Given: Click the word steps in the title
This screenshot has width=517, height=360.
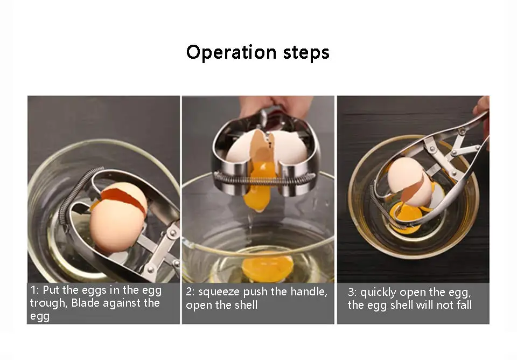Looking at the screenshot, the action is click(x=306, y=53).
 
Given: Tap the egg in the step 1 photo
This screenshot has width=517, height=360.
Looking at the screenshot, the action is click(x=118, y=216).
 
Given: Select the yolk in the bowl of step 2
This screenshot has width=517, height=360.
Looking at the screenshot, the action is click(x=267, y=267).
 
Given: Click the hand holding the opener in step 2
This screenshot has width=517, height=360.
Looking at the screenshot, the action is click(x=275, y=106).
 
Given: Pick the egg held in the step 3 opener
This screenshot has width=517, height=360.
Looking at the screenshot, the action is click(x=409, y=182).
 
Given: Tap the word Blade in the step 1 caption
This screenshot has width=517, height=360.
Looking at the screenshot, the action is click(x=86, y=303).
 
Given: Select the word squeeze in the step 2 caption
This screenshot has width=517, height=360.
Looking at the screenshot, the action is click(x=219, y=292).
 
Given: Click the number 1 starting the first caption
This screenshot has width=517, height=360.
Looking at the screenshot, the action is click(x=33, y=290).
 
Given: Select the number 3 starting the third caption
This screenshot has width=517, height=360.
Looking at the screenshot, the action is click(x=352, y=292).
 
